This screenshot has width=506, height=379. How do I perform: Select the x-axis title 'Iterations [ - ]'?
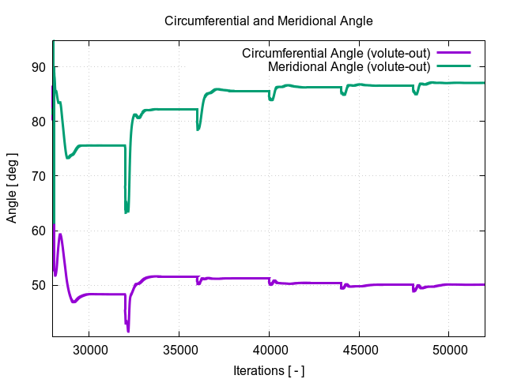click(x=269, y=370)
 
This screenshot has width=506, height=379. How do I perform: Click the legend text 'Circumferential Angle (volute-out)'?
click(x=335, y=53)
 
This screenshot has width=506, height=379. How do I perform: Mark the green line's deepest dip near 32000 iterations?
click(x=126, y=212)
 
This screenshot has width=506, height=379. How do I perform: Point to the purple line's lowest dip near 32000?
click(x=128, y=331)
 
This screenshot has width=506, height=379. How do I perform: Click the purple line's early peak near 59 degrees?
click(x=60, y=234)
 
